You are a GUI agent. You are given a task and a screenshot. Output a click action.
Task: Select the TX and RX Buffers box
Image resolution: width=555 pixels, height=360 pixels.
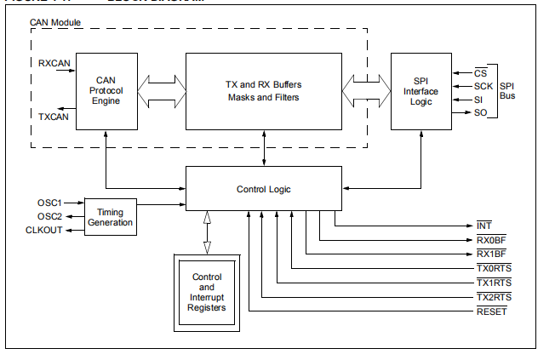[x=263, y=90]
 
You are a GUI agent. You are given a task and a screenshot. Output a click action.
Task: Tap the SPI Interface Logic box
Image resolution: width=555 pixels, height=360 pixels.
[x=421, y=90]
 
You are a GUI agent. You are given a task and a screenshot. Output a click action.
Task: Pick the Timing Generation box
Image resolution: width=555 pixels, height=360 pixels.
[x=110, y=216]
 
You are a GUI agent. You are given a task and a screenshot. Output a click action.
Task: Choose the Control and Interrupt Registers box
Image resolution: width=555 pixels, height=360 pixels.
[x=207, y=292]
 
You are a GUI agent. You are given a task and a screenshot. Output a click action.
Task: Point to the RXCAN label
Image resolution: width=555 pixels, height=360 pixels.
[x=54, y=63]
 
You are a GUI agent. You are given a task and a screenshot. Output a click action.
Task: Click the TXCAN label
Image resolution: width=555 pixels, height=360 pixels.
[x=54, y=116]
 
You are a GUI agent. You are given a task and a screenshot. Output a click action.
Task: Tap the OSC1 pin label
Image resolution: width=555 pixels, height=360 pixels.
[x=49, y=203]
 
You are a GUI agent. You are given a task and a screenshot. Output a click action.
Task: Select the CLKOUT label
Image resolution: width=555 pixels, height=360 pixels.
[x=43, y=231]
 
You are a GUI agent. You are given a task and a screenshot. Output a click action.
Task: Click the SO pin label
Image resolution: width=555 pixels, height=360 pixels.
[x=480, y=113]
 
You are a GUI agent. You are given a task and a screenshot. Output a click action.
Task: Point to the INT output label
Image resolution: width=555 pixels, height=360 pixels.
[x=484, y=226]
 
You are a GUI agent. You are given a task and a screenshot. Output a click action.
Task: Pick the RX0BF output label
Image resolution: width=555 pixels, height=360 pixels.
[x=491, y=240]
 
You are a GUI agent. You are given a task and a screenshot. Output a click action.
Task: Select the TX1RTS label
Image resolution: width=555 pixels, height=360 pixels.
[x=492, y=283]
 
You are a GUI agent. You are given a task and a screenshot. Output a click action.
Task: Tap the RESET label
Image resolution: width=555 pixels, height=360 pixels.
[x=491, y=311]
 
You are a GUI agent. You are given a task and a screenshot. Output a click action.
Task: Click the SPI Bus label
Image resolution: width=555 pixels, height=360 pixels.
[x=508, y=91]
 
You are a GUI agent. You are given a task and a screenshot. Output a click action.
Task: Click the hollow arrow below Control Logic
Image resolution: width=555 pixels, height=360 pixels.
[x=207, y=231]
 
